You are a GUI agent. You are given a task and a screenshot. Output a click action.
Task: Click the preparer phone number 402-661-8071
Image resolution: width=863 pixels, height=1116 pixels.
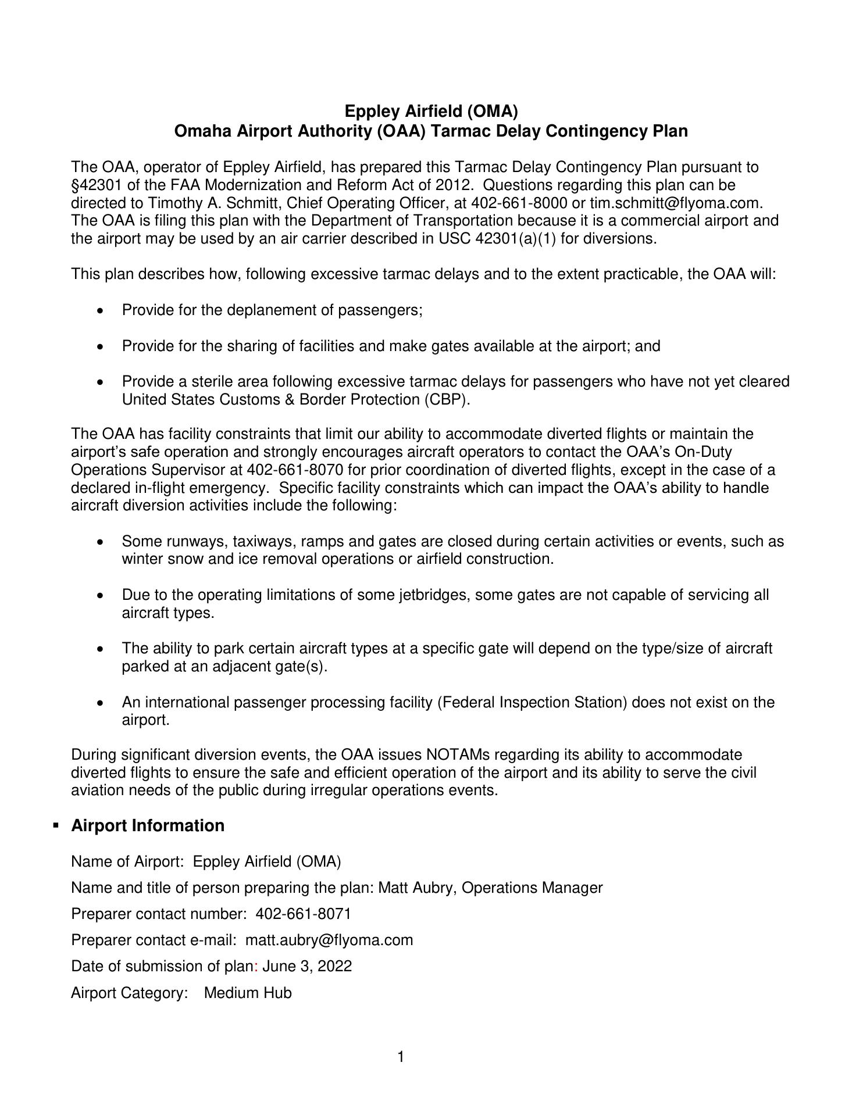pyautogui.click(x=304, y=914)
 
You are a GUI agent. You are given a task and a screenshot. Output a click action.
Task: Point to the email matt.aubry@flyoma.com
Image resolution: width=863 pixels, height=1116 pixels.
pyautogui.click(x=329, y=940)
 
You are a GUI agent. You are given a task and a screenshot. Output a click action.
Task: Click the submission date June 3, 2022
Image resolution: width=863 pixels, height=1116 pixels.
pyautogui.click(x=307, y=966)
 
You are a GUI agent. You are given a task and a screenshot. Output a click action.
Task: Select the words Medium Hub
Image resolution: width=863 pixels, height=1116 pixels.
pyautogui.click(x=248, y=993)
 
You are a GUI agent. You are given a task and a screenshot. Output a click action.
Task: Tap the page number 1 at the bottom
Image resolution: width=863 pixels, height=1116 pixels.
pyautogui.click(x=401, y=1057)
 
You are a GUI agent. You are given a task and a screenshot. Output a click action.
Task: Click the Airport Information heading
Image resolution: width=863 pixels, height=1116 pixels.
pyautogui.click(x=148, y=826)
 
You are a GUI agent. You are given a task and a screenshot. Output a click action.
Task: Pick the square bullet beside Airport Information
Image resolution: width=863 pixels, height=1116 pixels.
pyautogui.click(x=56, y=826)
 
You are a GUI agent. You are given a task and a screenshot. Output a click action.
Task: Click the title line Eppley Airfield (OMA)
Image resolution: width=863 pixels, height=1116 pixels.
pyautogui.click(x=431, y=110)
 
